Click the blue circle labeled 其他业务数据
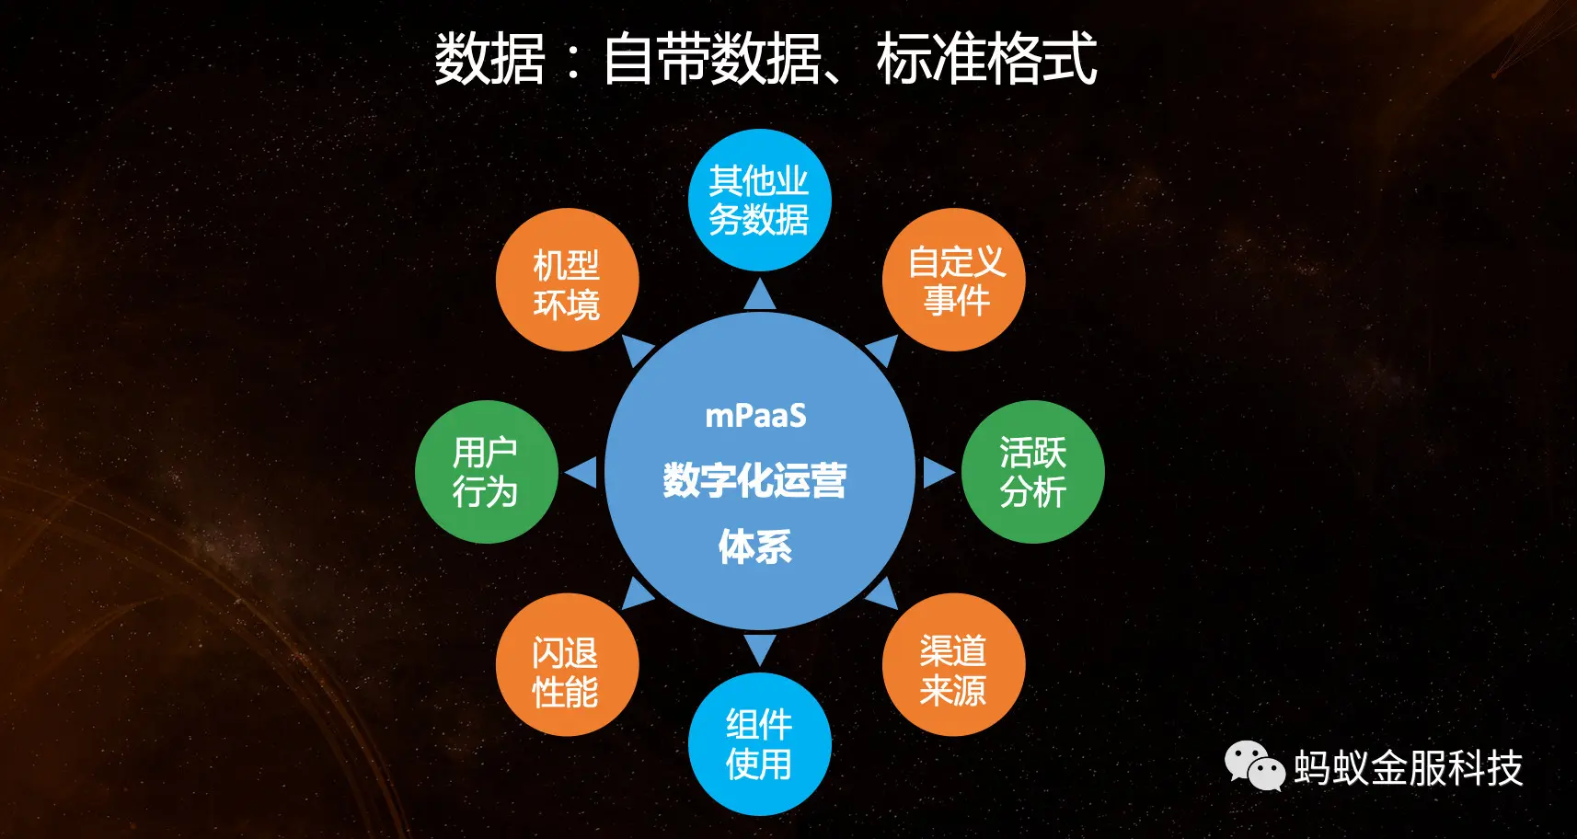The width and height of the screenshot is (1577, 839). [760, 201]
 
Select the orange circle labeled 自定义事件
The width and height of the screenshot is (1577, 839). [954, 280]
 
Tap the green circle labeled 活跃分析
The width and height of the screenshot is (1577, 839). [1033, 472]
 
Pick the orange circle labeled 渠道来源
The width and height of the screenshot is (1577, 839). [954, 664]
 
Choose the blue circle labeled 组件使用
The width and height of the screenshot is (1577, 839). [760, 744]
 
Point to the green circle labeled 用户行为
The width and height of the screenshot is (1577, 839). [487, 472]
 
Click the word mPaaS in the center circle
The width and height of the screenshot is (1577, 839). [755, 416]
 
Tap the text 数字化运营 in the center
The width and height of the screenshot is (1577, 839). [755, 480]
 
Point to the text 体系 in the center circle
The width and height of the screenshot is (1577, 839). [755, 546]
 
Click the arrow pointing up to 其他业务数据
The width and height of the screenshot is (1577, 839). [760, 294]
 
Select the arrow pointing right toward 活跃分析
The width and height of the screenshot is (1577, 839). [937, 472]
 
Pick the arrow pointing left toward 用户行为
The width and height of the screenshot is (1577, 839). [582, 473]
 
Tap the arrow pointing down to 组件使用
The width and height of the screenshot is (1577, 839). [760, 649]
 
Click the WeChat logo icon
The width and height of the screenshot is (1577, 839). [1254, 766]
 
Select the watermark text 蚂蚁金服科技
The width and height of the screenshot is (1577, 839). [1409, 767]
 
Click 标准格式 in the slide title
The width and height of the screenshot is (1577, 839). [986, 59]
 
